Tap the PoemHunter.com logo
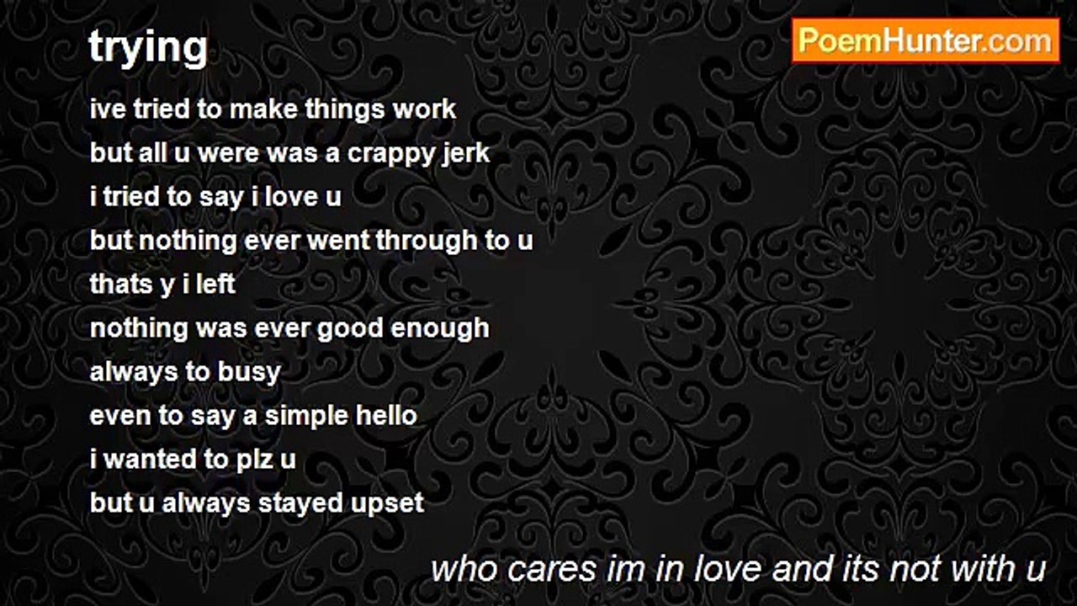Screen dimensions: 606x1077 926,40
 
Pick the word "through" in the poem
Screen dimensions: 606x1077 427,241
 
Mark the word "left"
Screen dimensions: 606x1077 215,284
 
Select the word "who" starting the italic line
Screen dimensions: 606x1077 459,569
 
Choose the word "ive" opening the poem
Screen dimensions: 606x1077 104,109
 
